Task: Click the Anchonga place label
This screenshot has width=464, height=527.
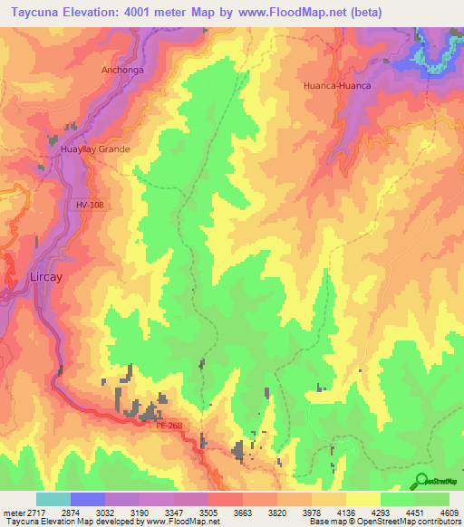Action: (x=122, y=68)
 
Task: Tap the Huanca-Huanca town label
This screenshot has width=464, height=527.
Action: (x=338, y=86)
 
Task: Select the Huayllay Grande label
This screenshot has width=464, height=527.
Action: (x=95, y=149)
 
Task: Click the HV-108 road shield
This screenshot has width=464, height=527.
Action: (x=92, y=206)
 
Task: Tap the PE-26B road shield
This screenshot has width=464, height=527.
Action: (x=169, y=424)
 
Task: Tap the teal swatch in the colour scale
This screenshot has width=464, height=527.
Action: (x=53, y=500)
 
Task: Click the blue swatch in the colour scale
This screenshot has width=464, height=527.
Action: (x=88, y=500)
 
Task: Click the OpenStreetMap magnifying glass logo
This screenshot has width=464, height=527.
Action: (x=420, y=481)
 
